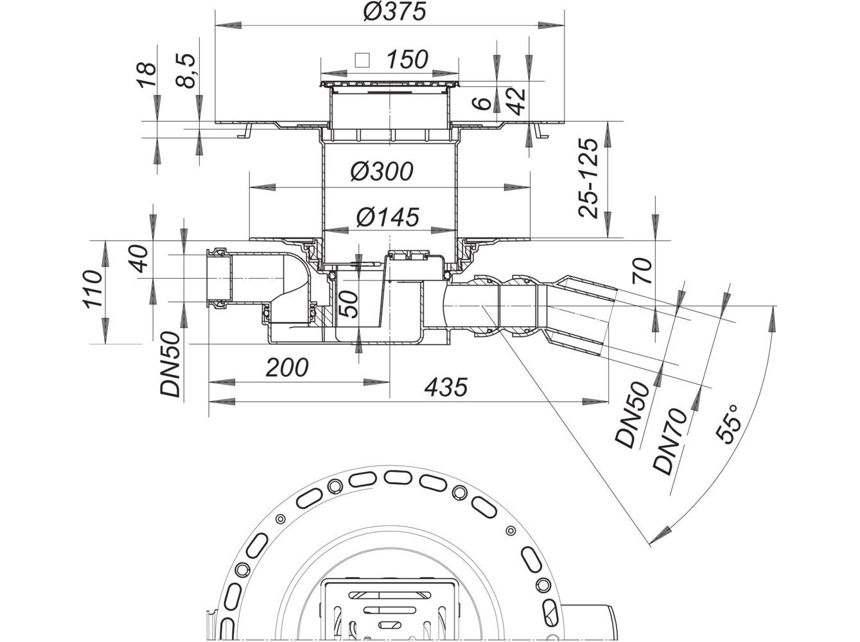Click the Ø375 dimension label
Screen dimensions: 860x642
pyautogui.click(x=394, y=12)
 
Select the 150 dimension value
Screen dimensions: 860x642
pyautogui.click(x=407, y=60)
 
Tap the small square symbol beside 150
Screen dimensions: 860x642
pyautogui.click(x=362, y=60)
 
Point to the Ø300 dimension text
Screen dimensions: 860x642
pyautogui.click(x=382, y=171)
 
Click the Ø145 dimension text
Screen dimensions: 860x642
pyautogui.click(x=387, y=217)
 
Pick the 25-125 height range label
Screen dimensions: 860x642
pyautogui.click(x=588, y=178)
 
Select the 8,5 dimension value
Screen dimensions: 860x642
pyautogui.click(x=186, y=71)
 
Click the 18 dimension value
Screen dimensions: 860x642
pyautogui.click(x=146, y=74)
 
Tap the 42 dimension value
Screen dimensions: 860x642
pyautogui.click(x=517, y=101)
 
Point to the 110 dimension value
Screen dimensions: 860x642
pyautogui.click(x=92, y=290)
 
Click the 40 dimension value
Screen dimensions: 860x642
pyautogui.click(x=139, y=259)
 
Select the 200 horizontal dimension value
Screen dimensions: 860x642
pyautogui.click(x=287, y=367)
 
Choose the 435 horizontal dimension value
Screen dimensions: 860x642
pyautogui.click(x=446, y=386)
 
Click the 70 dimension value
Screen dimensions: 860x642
pyautogui.click(x=642, y=271)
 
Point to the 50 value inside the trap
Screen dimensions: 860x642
pyautogui.click(x=348, y=304)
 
